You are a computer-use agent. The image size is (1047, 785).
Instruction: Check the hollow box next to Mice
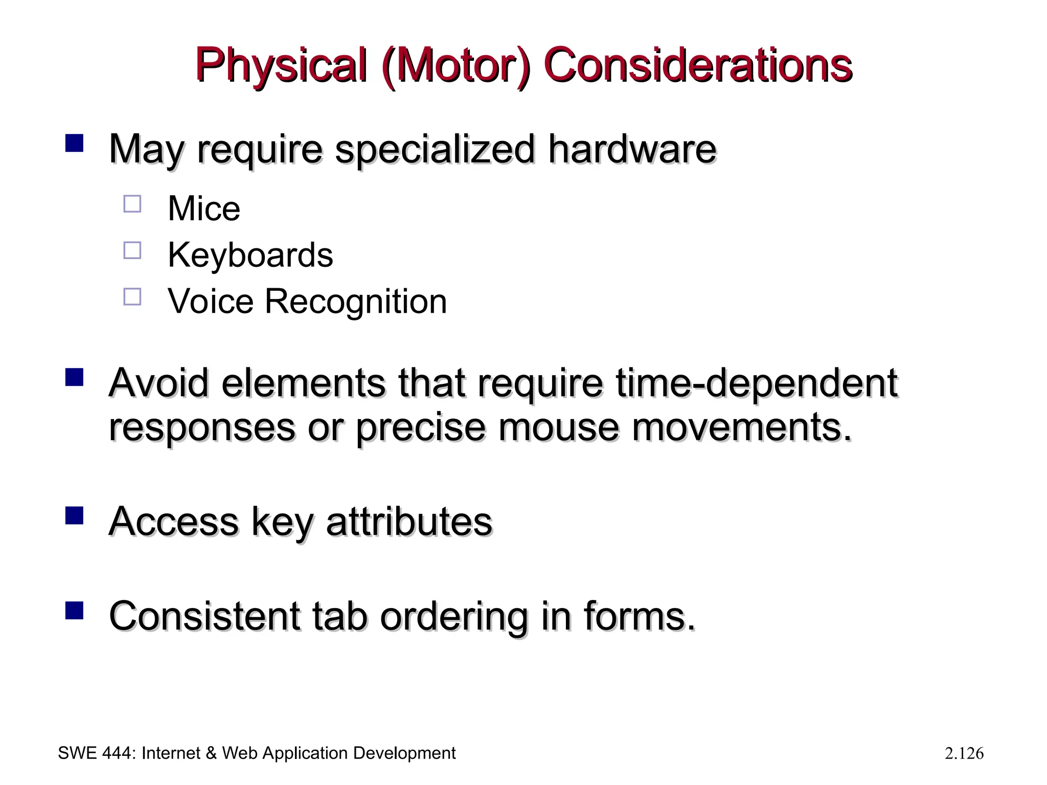pyautogui.click(x=132, y=204)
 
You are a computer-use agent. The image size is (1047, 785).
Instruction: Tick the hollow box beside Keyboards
pyautogui.click(x=132, y=250)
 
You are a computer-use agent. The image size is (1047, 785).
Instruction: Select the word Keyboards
pyautogui.click(x=250, y=255)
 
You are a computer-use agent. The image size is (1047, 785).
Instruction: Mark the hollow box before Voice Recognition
pyautogui.click(x=132, y=296)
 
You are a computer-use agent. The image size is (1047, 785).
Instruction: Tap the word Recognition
pyautogui.click(x=355, y=301)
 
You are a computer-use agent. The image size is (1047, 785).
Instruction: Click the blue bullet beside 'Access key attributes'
pyautogui.click(x=75, y=516)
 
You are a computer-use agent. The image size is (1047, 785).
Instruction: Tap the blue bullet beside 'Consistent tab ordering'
pyautogui.click(x=75, y=610)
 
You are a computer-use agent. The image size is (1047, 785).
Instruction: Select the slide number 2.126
pyautogui.click(x=964, y=754)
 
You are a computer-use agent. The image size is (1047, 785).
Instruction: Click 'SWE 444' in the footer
pyautogui.click(x=96, y=753)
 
